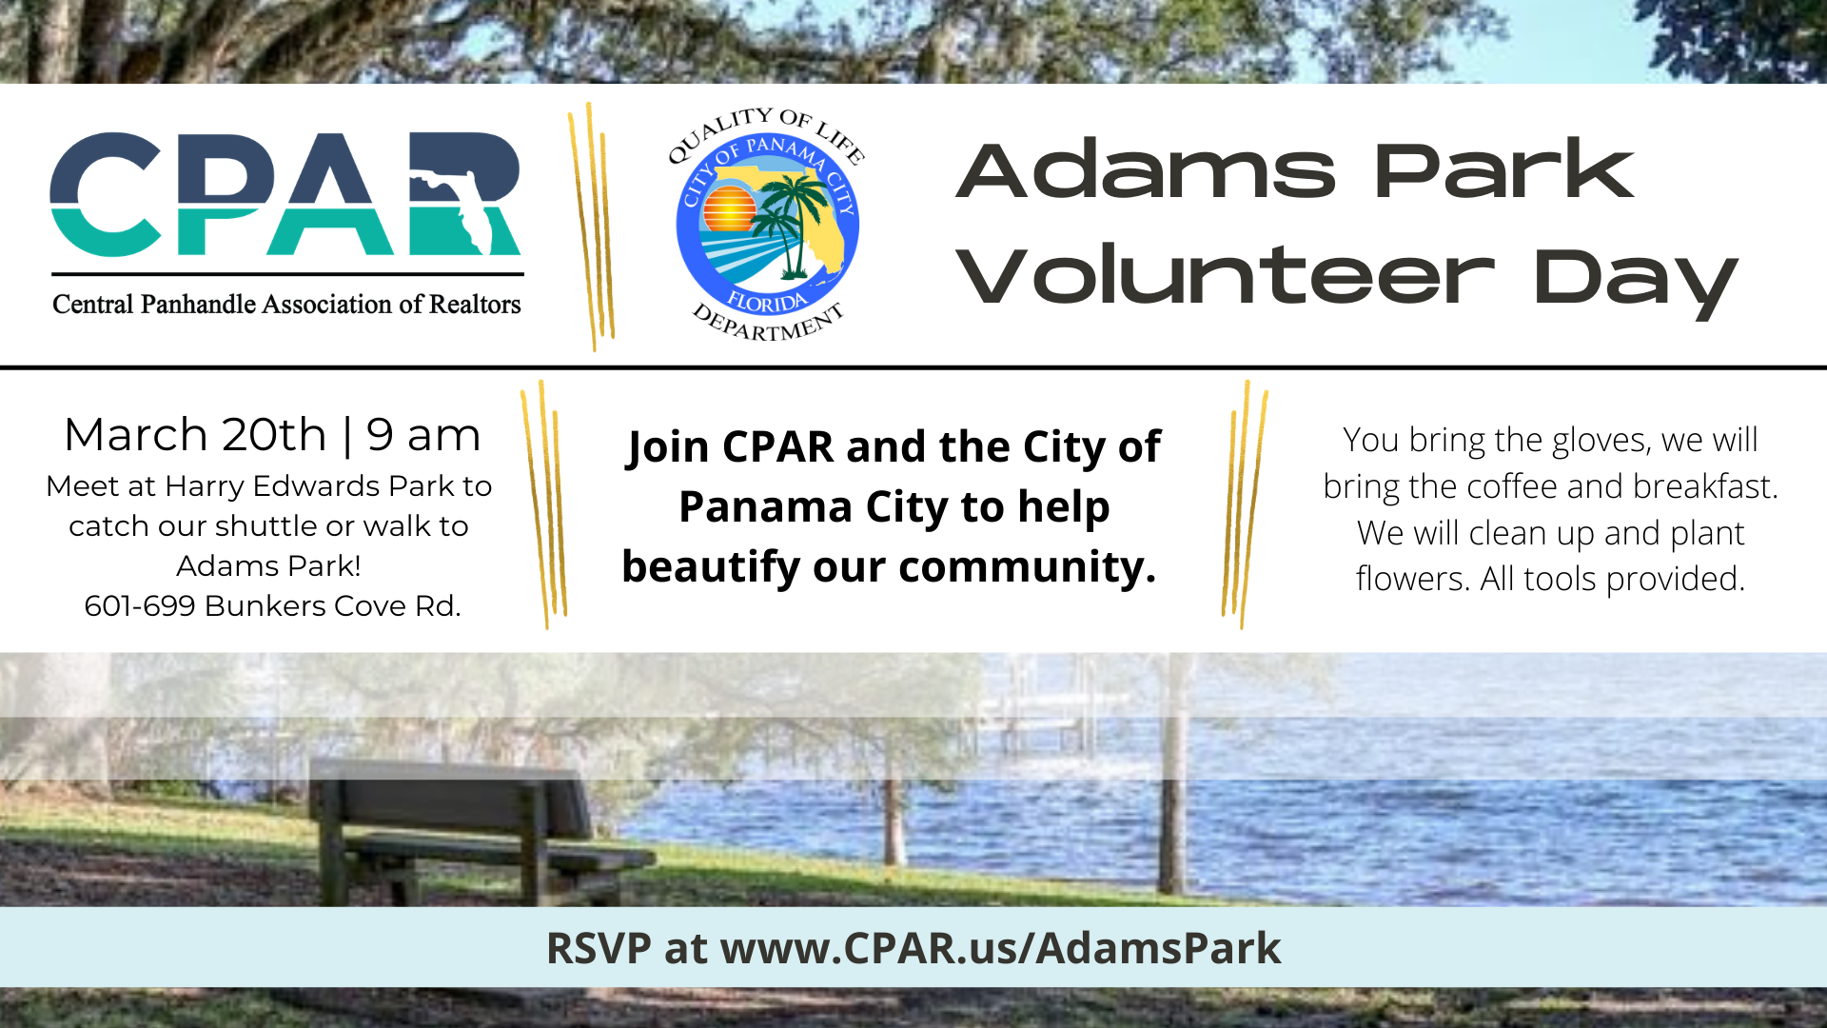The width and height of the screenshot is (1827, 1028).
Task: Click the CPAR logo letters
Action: (x=285, y=193)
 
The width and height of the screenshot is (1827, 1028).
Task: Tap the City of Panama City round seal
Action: (x=767, y=225)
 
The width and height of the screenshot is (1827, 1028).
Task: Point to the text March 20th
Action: (x=195, y=435)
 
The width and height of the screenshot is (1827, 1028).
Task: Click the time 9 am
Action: (x=423, y=436)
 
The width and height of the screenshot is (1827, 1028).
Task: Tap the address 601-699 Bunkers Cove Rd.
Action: (x=272, y=605)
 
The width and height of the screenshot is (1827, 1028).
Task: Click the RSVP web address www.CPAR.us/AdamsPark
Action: (x=1000, y=948)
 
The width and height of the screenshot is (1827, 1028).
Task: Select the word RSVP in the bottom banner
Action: (x=599, y=948)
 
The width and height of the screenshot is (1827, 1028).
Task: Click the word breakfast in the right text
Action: (x=1705, y=486)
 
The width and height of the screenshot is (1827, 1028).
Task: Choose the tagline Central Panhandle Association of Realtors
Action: (x=286, y=305)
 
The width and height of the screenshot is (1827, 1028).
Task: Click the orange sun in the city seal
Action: (x=729, y=208)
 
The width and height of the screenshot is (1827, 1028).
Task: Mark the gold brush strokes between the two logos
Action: (x=592, y=227)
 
